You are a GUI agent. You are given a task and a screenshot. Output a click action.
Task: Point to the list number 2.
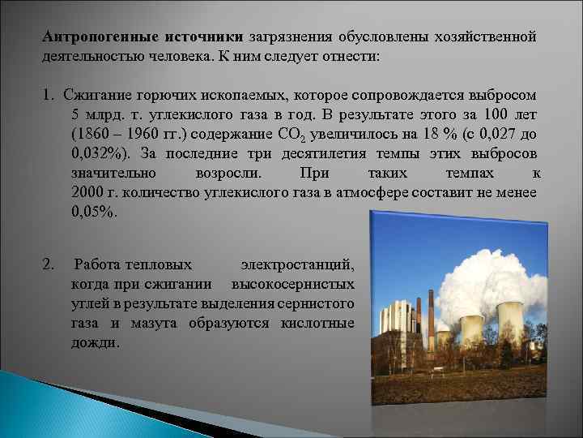[48, 264]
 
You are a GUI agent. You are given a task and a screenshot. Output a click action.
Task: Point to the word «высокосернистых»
[293, 284]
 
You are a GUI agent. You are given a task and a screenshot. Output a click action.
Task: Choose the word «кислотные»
[317, 323]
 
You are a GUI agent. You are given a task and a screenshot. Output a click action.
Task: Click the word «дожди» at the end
[94, 342]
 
